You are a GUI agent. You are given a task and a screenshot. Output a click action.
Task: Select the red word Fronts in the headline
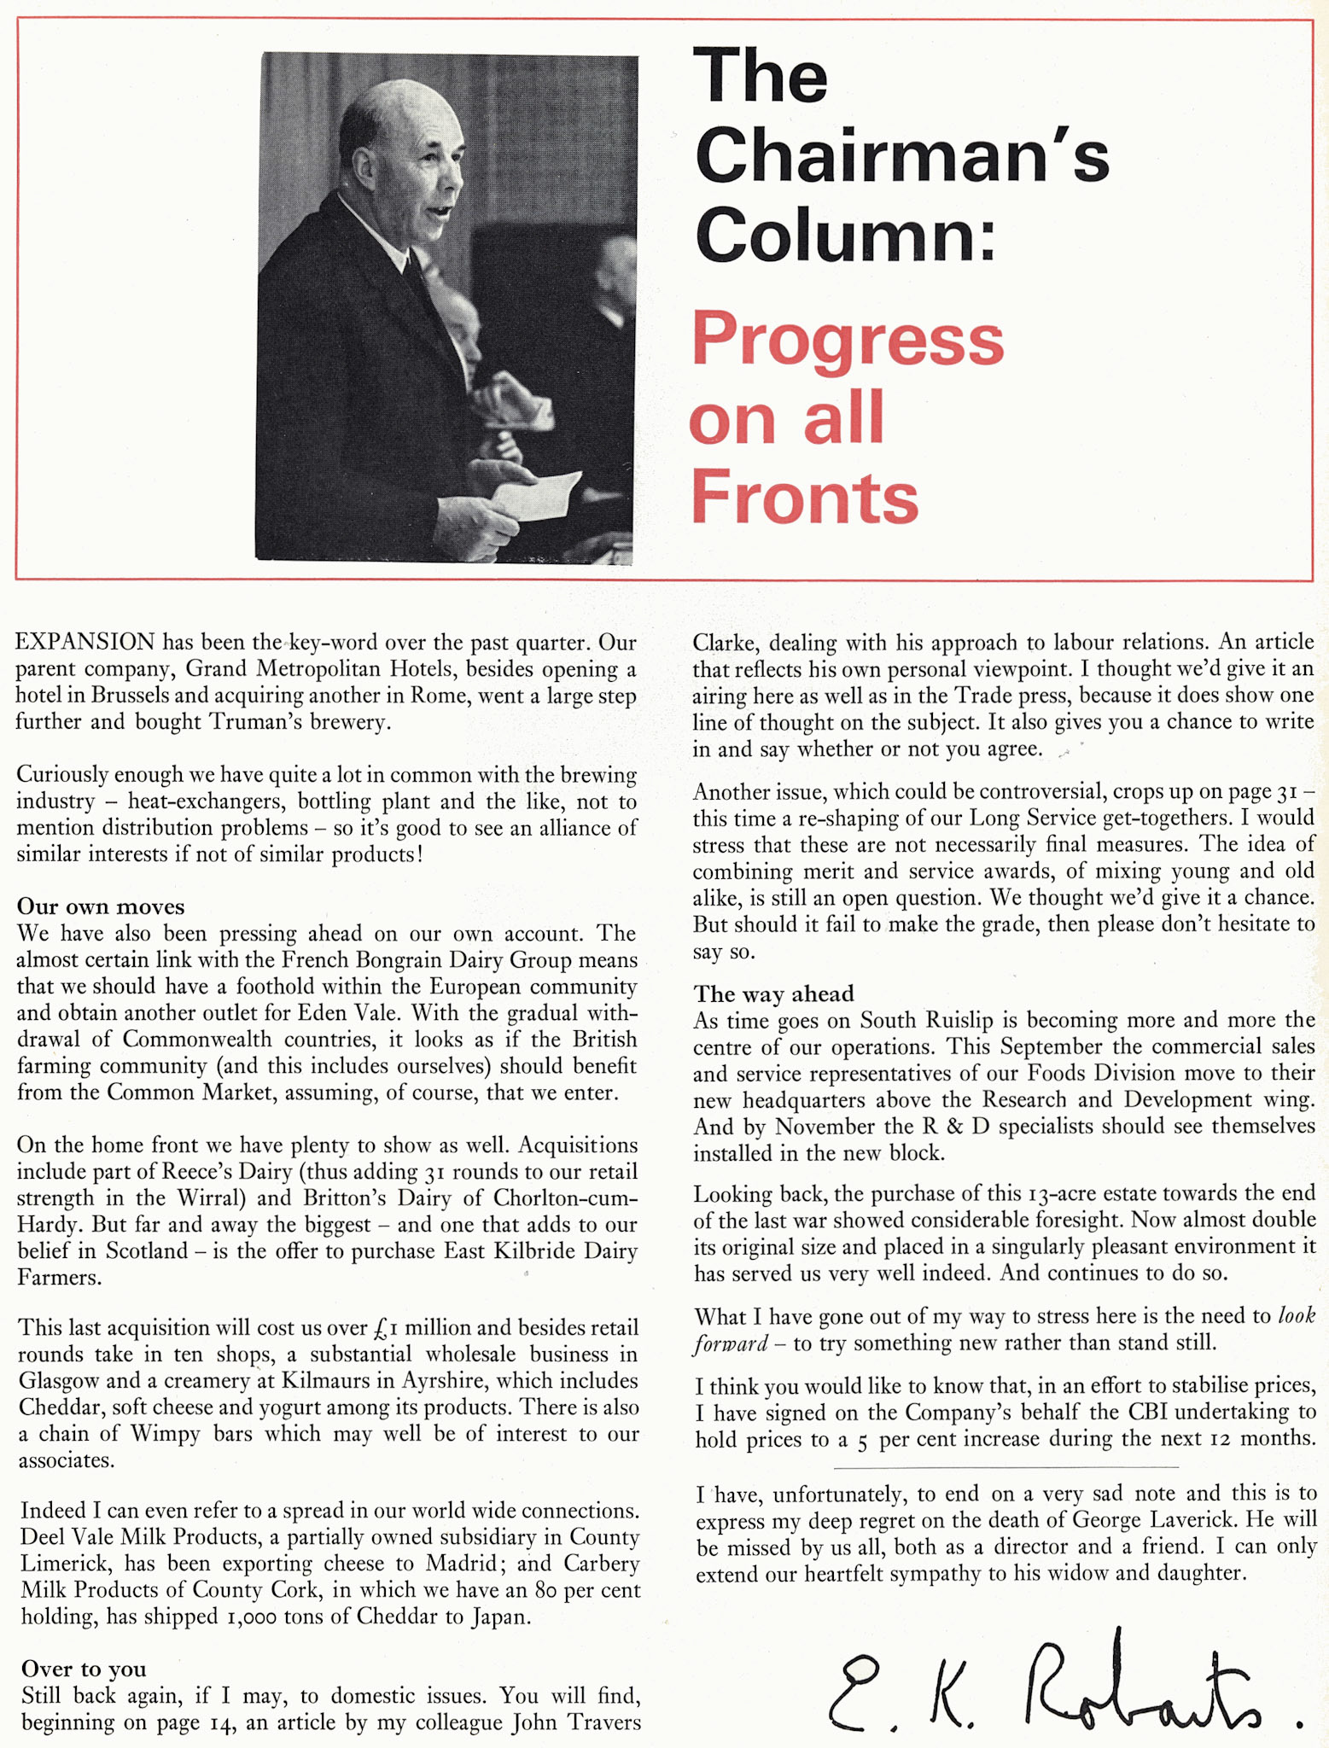click(804, 498)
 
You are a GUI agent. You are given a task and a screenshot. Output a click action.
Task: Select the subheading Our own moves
click(101, 906)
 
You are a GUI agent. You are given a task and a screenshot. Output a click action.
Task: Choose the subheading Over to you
click(84, 1669)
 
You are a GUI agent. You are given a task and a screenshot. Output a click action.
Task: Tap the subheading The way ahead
click(773, 993)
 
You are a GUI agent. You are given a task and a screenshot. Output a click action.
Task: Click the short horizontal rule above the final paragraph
click(1005, 1467)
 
